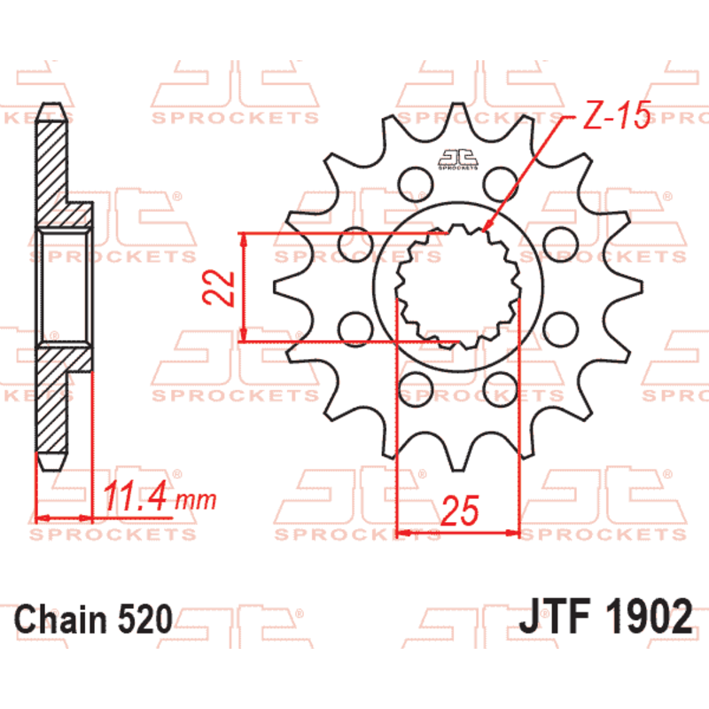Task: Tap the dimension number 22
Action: (222, 287)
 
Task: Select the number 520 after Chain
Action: (143, 618)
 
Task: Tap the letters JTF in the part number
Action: (555, 615)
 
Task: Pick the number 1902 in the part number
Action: (647, 615)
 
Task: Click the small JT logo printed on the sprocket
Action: (456, 159)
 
